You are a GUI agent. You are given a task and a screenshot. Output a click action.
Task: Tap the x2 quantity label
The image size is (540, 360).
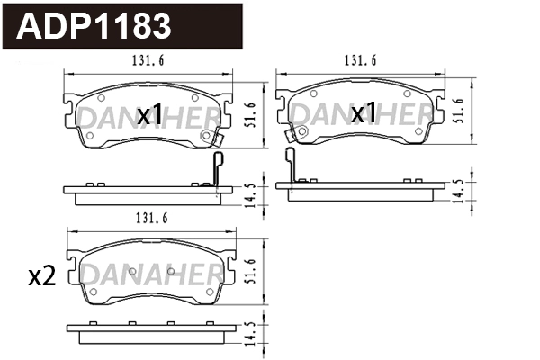pos(42,277)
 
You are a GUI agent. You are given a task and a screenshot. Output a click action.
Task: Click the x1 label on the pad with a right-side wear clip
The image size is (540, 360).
pos(148,114)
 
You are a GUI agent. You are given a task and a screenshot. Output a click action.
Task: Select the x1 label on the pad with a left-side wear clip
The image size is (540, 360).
pos(363,113)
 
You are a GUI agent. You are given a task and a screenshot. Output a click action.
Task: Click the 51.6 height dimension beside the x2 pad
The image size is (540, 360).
pos(253,271)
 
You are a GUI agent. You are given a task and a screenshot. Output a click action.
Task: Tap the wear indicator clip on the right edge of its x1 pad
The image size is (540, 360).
pos(213,137)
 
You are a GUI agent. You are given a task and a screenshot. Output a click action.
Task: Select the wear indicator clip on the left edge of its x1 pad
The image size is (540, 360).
pos(290,137)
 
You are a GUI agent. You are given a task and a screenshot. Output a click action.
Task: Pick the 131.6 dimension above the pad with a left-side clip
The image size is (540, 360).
pos(360,62)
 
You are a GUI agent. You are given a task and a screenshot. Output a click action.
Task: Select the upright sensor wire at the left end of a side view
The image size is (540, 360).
pos(290,166)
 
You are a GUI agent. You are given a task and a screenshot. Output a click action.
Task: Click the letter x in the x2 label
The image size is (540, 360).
pos(36,278)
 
